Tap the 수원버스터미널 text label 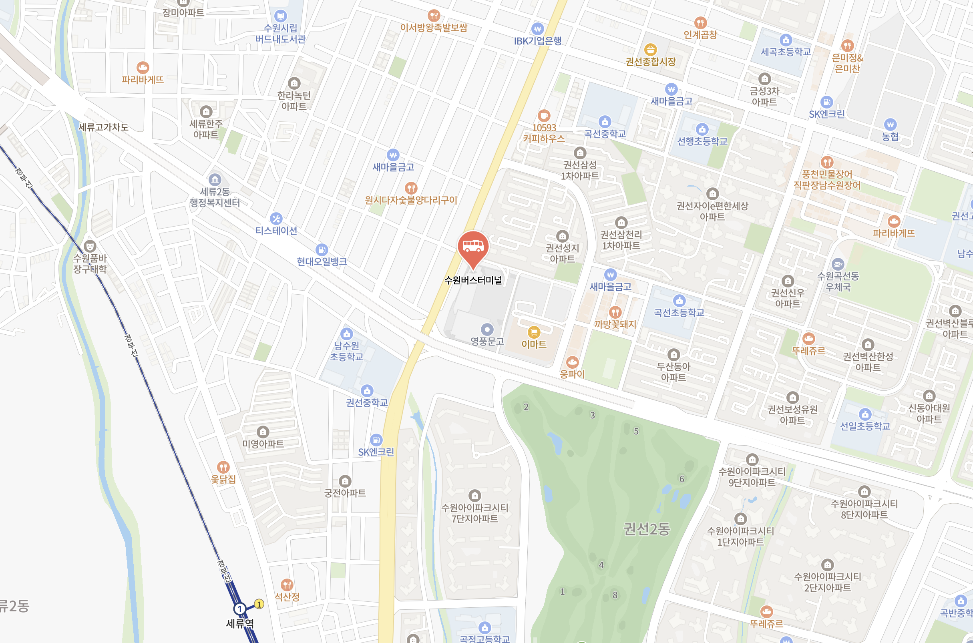[473, 281]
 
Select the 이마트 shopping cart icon [533, 332]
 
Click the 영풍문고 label [487, 341]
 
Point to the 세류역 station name [240, 624]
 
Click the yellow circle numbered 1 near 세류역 [259, 604]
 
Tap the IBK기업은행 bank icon [537, 29]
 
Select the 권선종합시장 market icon [650, 50]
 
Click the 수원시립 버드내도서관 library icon [280, 16]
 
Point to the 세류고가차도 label [103, 127]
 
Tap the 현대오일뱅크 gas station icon [322, 249]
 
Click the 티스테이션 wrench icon [276, 219]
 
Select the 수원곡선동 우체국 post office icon [838, 264]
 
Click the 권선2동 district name [647, 529]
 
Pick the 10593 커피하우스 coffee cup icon [544, 116]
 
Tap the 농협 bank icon [890, 125]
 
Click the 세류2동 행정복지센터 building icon [215, 180]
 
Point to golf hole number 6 [682, 479]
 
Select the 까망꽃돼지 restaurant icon [615, 312]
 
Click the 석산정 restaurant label [287, 597]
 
